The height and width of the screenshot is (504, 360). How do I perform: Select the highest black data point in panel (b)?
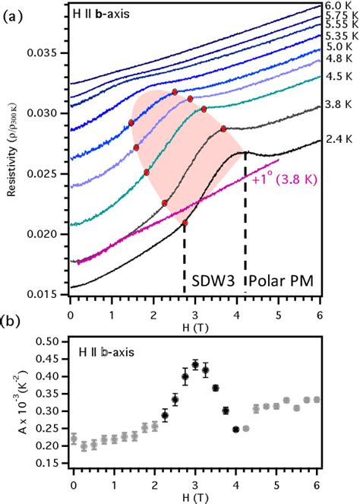point(196,365)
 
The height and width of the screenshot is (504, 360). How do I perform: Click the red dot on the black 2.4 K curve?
point(185,223)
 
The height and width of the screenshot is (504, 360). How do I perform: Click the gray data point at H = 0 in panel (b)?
point(74,439)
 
